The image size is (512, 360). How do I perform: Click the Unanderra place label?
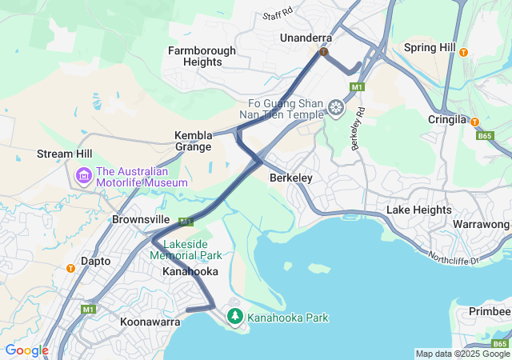point(306,38)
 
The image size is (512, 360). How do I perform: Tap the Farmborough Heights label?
point(202,56)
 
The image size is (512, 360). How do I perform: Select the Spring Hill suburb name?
point(430,48)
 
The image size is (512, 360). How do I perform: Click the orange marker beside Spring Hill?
point(463,52)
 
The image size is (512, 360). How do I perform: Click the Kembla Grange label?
point(194,141)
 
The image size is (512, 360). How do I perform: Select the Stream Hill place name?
point(64,154)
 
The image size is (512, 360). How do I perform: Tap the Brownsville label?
point(141,218)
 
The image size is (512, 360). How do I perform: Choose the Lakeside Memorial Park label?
point(192,250)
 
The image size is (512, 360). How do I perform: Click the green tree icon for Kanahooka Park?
point(234,318)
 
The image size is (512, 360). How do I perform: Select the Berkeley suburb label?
point(290,178)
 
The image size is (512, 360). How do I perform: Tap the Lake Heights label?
point(418,210)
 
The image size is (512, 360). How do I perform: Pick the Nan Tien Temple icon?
point(337,108)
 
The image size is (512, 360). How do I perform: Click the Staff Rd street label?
point(278,15)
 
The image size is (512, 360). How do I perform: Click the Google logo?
point(27,350)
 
